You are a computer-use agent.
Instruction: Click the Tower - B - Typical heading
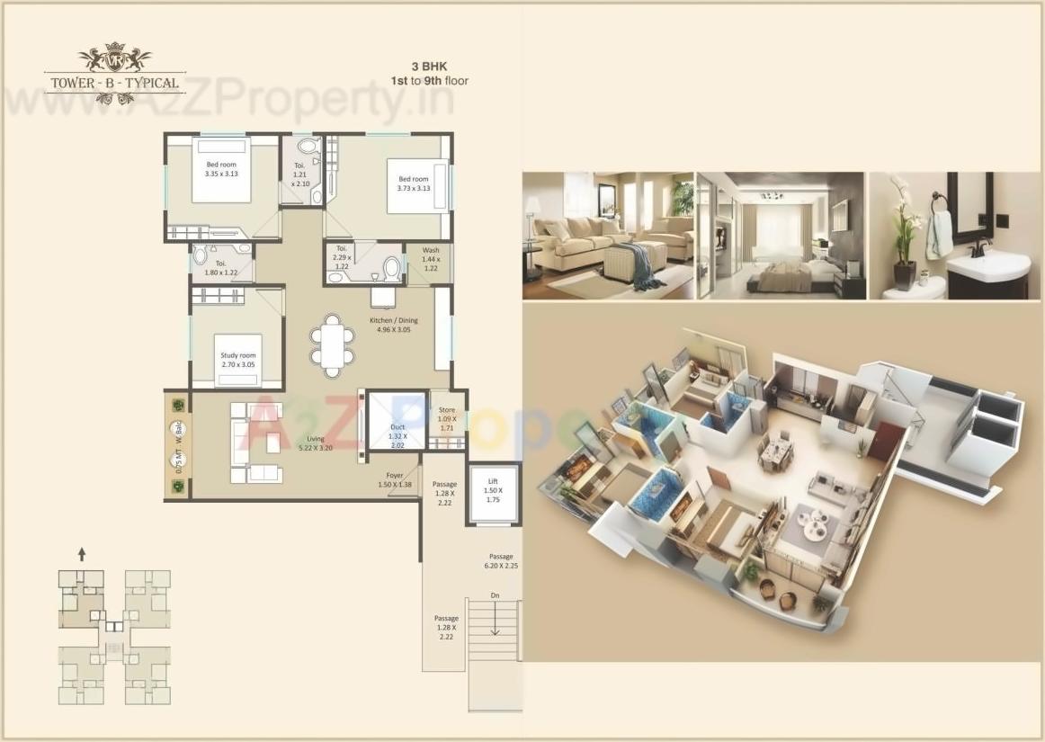click(114, 83)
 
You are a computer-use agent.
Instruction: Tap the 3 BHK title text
click(428, 67)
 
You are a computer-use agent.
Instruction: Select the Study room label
click(238, 361)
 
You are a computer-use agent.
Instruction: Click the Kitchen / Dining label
click(393, 325)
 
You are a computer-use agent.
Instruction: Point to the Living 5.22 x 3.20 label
click(315, 443)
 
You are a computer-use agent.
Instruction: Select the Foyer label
click(395, 479)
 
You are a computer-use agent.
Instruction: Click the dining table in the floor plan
click(331, 344)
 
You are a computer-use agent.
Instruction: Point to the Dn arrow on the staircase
click(495, 618)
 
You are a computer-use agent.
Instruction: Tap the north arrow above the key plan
click(82, 554)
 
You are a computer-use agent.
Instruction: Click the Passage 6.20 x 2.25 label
click(501, 561)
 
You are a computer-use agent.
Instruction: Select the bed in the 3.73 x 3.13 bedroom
click(416, 186)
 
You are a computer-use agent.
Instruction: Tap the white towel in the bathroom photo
click(940, 235)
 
